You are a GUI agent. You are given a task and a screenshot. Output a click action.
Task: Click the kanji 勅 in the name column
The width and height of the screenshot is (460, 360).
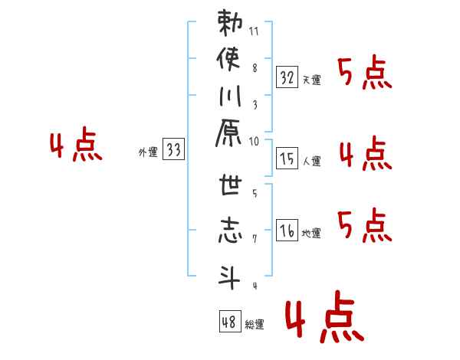tap(230, 23)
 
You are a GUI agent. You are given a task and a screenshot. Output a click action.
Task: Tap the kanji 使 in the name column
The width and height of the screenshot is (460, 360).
tap(228, 59)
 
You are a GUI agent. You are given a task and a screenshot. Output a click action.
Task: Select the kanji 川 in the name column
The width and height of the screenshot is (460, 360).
tap(230, 96)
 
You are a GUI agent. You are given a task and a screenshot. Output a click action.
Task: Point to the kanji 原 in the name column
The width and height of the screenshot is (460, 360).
tap(228, 133)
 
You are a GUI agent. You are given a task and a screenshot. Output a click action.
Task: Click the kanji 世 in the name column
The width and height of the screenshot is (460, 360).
tap(230, 184)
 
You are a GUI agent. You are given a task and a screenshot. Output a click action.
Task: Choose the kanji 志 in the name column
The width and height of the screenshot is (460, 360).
tap(230, 230)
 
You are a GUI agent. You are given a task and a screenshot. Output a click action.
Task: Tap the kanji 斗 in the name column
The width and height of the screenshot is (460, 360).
tap(229, 277)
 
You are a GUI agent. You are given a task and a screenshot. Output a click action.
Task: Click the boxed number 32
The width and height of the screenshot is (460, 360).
tap(287, 77)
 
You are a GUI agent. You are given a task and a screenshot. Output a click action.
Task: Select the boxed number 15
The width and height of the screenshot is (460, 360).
tap(287, 158)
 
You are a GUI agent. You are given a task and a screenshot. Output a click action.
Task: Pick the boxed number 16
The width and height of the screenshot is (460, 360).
tap(287, 230)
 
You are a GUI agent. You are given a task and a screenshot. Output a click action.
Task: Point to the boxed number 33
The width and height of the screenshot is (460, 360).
tap(173, 149)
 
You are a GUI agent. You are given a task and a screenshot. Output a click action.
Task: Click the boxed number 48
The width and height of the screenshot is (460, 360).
tap(230, 321)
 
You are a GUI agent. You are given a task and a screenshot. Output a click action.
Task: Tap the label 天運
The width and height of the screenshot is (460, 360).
tap(311, 80)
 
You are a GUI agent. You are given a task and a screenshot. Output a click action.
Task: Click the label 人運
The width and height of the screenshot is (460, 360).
tap(311, 161)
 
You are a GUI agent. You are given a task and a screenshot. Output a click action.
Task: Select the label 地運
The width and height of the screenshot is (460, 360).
tap(311, 233)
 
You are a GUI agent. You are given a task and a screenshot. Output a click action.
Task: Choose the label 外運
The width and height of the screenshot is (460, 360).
tap(148, 152)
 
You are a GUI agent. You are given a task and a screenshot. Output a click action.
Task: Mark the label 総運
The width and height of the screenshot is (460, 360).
tap(255, 324)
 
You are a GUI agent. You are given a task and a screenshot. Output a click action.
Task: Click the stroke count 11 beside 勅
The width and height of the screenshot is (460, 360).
tap(254, 31)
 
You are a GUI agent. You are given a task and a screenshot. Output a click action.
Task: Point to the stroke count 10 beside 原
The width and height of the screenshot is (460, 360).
tap(254, 142)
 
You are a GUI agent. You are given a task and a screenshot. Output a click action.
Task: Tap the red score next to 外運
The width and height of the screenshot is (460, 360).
tap(76, 144)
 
